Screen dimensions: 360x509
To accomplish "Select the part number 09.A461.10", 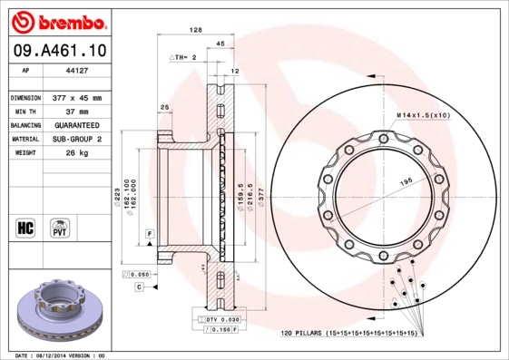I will pos(55,50).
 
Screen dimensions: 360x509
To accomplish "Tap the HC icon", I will pos(25,227).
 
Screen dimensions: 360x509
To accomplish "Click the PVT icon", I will pos(58,227).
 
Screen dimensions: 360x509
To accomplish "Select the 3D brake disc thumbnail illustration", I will pos(56,313).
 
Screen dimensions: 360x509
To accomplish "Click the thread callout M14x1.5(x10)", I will pos(423,116).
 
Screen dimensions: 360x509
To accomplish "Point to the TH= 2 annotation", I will pos(185,56).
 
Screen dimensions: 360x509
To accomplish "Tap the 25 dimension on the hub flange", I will pos(164,107).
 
